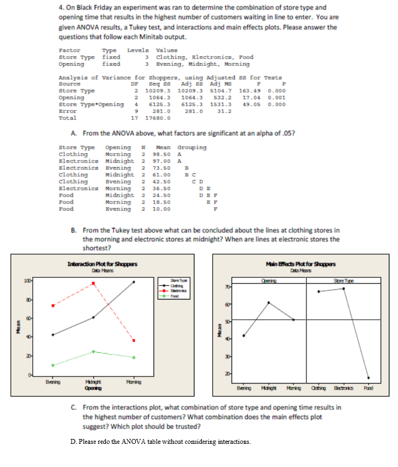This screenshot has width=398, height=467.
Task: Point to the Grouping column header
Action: (192, 147)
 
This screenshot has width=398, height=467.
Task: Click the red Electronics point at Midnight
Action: (93, 283)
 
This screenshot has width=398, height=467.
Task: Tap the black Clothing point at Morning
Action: (134, 282)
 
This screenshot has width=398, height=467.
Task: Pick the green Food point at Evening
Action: (53, 365)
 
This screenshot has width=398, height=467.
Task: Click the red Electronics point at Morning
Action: (134, 340)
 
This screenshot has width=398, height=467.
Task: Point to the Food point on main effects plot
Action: (368, 378)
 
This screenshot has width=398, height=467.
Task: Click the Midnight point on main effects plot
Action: (268, 302)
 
